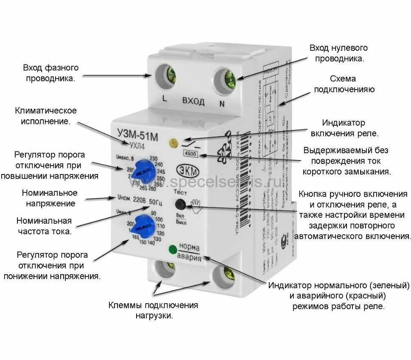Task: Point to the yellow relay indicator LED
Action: pos(173,143)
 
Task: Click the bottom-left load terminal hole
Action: pos(164,272)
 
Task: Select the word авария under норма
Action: pos(189,257)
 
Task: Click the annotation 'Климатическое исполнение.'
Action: pos(46,116)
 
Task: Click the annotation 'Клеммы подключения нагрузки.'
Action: pos(153,311)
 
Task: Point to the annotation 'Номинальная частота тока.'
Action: pos(44,226)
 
